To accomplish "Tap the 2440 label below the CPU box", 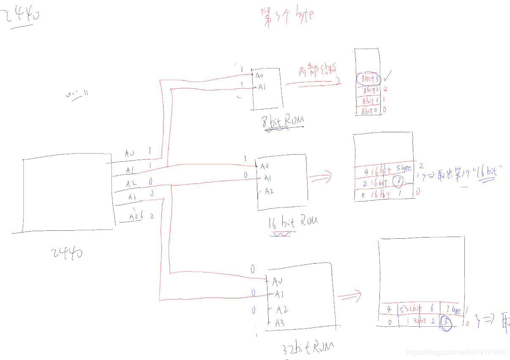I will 67,253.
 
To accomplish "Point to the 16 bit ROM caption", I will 292,222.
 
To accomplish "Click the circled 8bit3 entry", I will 368,79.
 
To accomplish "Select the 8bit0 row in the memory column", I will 368,111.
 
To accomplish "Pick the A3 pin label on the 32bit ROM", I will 279,323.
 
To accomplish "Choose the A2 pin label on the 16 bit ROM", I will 269,191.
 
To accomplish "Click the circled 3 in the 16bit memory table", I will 398,181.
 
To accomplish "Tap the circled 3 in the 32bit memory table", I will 445,324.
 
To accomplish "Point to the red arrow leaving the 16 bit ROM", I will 321,177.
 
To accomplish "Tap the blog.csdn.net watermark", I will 456,352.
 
